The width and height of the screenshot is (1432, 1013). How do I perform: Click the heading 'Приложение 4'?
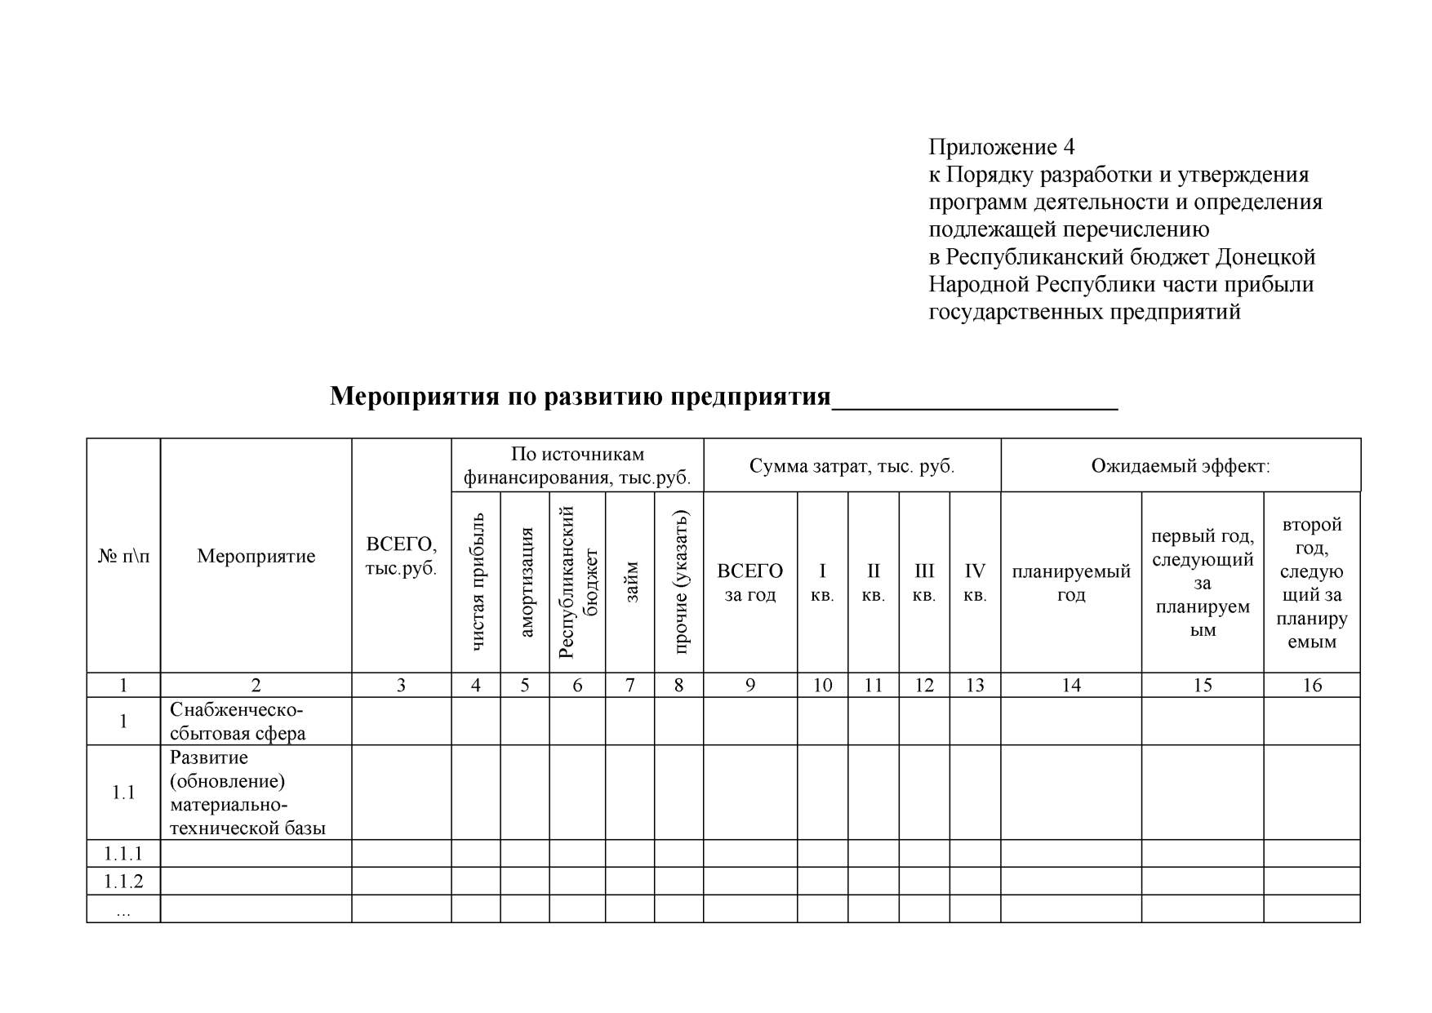click(1001, 147)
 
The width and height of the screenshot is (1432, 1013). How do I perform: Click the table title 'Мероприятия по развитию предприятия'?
click(580, 397)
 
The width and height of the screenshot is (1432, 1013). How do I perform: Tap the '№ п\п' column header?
click(123, 557)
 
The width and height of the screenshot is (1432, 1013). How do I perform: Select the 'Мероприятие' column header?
click(256, 557)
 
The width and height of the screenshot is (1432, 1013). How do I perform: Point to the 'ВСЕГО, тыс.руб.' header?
click(401, 557)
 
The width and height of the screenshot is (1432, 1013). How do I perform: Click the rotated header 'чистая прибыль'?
click(477, 581)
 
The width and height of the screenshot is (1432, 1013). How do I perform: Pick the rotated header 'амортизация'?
click(525, 581)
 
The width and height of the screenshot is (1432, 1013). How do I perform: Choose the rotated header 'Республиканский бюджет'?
click(578, 581)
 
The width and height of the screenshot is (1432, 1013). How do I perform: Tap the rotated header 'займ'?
click(630, 581)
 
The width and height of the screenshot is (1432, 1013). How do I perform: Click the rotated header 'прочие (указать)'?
click(679, 581)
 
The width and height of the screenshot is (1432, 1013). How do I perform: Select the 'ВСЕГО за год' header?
click(749, 582)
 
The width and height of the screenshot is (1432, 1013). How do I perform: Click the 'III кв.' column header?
click(924, 582)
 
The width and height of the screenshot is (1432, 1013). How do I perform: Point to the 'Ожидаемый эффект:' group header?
click(1181, 466)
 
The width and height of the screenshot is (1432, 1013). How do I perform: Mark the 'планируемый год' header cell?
click(1071, 582)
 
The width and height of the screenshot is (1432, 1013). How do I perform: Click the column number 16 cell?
click(1311, 685)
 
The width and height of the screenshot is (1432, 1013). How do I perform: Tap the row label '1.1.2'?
click(123, 881)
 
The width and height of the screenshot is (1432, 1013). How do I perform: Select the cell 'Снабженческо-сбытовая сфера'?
click(238, 721)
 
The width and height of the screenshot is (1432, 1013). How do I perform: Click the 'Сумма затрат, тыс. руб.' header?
click(852, 466)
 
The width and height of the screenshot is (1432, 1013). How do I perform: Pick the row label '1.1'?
click(123, 793)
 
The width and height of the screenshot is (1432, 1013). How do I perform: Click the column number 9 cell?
click(749, 685)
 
